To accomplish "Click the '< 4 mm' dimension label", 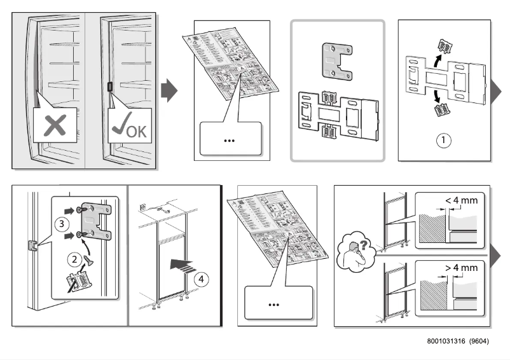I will click(x=460, y=200).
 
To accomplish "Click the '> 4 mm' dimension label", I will click(x=460, y=267).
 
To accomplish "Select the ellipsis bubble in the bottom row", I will click(x=274, y=305).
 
